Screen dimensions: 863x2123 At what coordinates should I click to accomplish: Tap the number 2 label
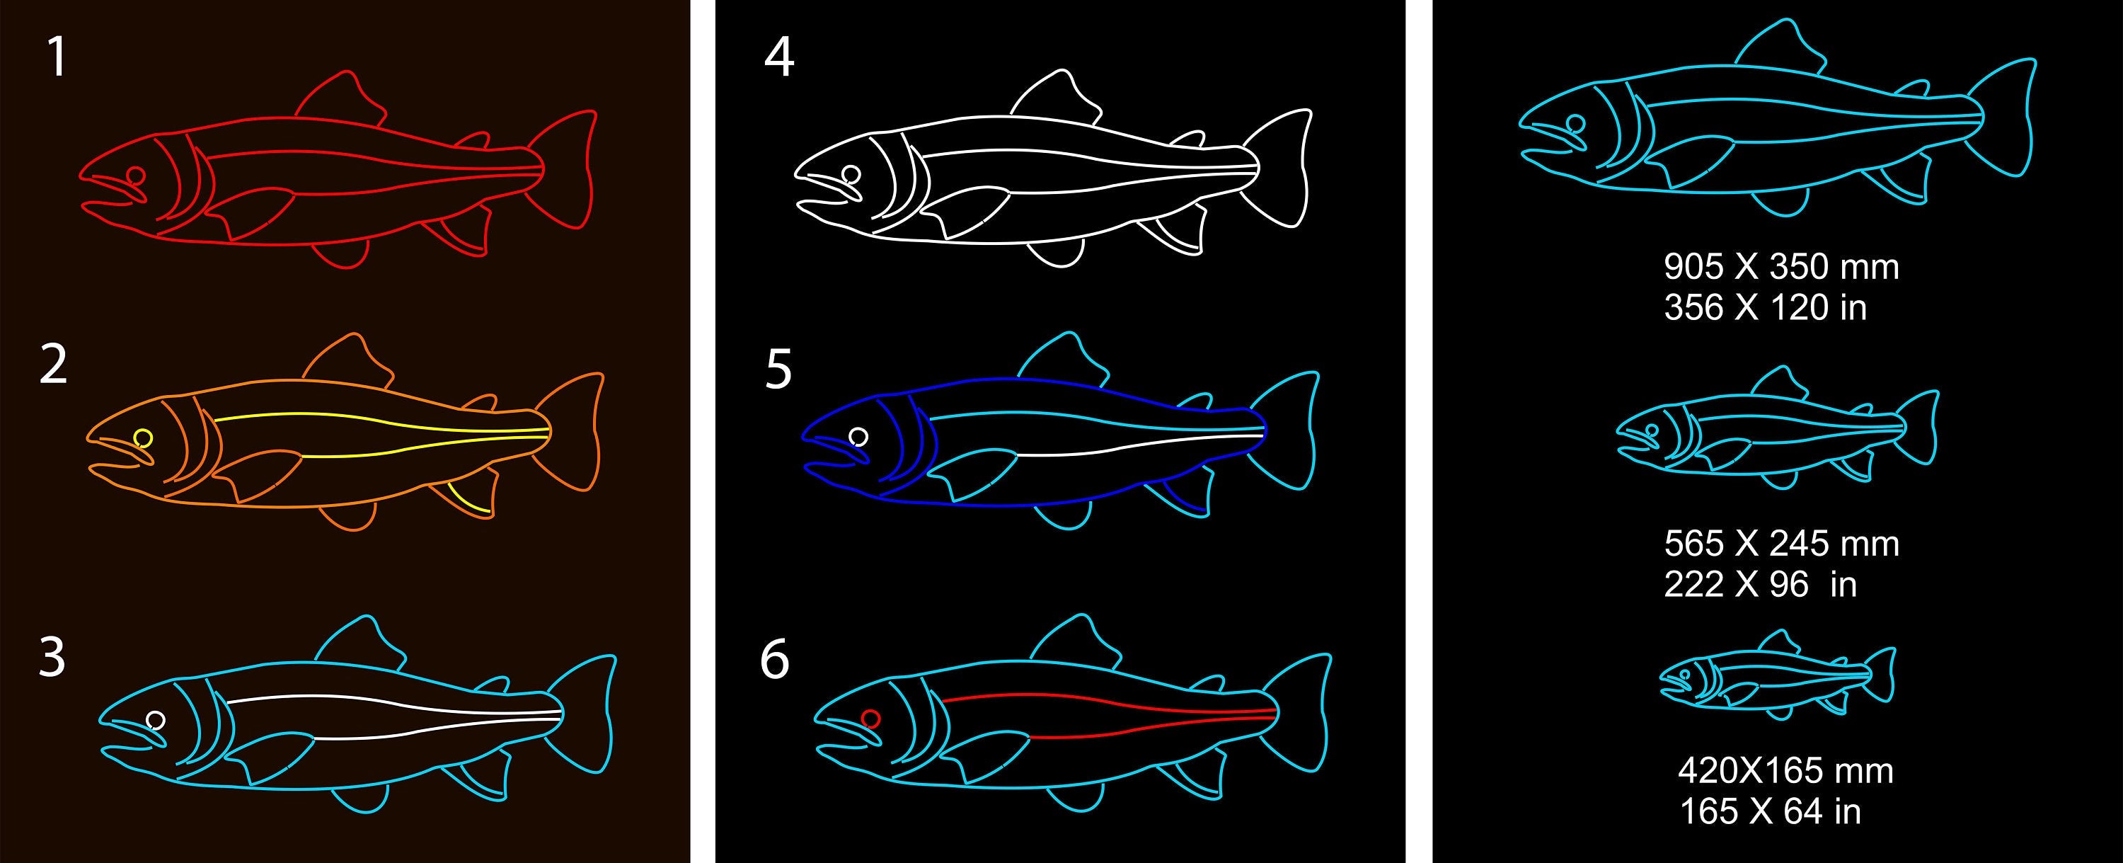(54, 365)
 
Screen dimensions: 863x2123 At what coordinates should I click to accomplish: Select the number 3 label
(52, 658)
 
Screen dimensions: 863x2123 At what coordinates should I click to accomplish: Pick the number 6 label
(775, 659)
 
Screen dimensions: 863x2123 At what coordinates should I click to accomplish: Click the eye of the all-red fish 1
(136, 176)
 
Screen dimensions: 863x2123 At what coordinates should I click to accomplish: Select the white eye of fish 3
(155, 721)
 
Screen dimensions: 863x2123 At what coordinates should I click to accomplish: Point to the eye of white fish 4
(851, 175)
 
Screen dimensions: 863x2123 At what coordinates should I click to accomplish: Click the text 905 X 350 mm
(1781, 267)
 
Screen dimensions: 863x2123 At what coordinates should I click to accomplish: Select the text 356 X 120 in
(1764, 307)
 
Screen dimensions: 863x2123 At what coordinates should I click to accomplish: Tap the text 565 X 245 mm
(1781, 544)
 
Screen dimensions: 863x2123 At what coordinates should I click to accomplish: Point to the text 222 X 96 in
(1759, 584)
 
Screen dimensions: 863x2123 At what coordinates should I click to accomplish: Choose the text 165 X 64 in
(1769, 812)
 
